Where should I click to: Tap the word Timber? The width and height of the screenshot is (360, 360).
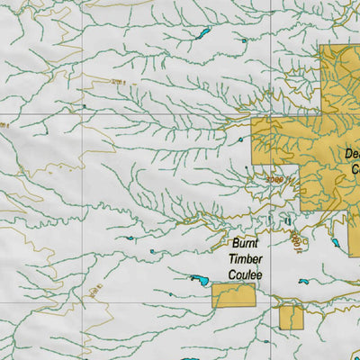pyautogui.click(x=247, y=258)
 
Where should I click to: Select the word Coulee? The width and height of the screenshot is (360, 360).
pyautogui.click(x=246, y=274)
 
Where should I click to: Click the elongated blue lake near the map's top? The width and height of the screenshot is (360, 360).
pyautogui.click(x=203, y=34)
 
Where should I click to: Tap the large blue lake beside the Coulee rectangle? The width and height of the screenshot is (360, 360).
pyautogui.click(x=199, y=281)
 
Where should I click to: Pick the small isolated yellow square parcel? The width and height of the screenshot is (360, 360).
pyautogui.click(x=291, y=317)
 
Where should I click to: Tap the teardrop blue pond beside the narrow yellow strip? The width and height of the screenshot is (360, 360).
pyautogui.click(x=335, y=242)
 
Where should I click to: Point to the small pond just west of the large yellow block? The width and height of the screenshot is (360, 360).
pyautogui.click(x=240, y=140)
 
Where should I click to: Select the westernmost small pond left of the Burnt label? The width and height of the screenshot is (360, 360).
pyautogui.click(x=130, y=238)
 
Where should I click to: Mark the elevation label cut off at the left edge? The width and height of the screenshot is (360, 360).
pyautogui.click(x=4, y=125)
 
